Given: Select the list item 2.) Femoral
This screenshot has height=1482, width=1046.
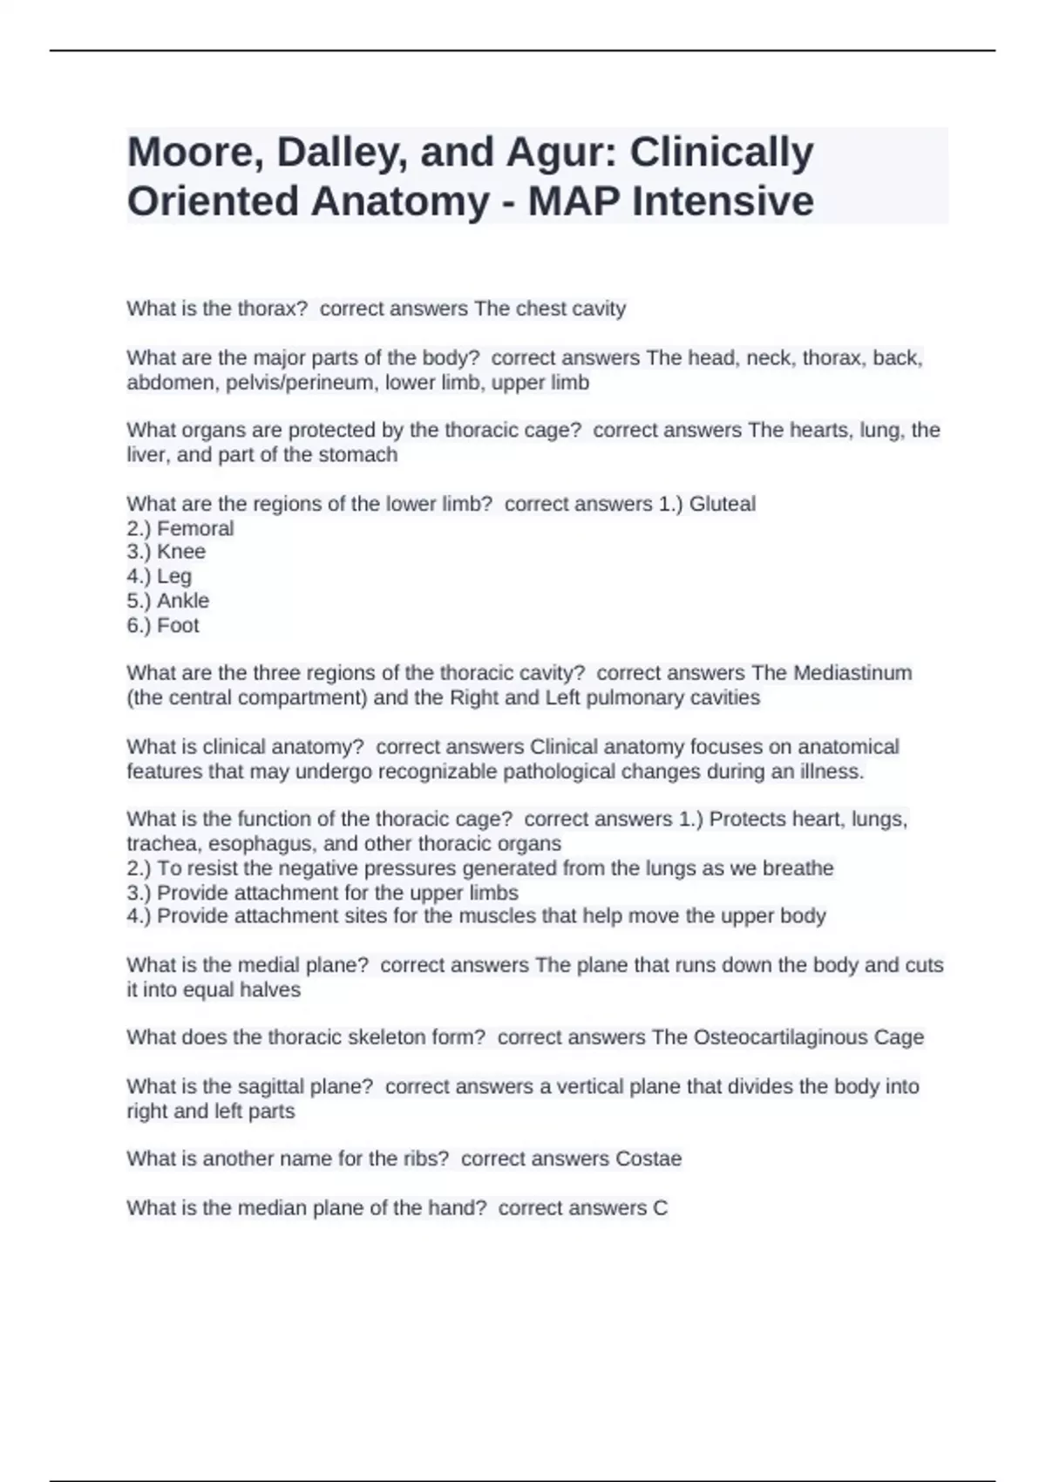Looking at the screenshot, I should point(180,528).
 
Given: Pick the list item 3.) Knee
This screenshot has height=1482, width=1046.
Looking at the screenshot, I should point(166,552).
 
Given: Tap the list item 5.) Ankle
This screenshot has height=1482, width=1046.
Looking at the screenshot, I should point(168,601).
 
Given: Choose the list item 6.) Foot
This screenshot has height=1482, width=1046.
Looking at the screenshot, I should point(163,625).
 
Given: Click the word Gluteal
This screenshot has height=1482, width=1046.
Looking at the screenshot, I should point(722,504).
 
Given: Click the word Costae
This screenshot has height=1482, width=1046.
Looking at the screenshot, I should point(649,1159).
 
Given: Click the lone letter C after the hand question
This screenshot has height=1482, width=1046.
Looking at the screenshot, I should point(660,1208).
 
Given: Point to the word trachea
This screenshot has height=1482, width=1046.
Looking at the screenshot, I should point(162,844).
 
